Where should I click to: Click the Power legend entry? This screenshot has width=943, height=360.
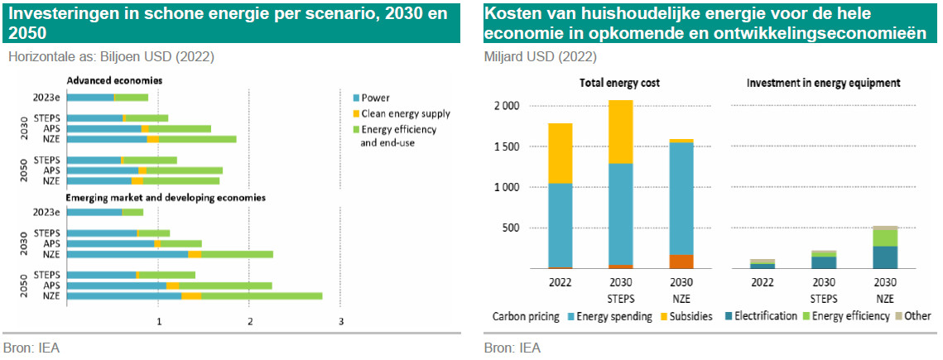click(375, 98)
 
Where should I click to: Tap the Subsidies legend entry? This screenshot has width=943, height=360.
click(686, 316)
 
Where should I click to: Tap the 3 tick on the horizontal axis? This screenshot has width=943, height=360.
click(340, 319)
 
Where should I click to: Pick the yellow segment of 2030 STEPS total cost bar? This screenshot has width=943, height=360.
click(621, 132)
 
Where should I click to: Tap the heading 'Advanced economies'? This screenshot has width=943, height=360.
click(114, 81)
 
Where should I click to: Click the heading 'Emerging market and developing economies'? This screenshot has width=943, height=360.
click(166, 198)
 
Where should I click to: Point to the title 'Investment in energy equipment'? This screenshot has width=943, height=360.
click(823, 84)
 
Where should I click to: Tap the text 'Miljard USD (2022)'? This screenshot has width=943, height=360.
click(540, 57)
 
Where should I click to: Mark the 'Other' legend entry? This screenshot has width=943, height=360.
click(917, 316)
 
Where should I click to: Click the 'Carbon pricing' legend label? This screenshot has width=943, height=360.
click(526, 316)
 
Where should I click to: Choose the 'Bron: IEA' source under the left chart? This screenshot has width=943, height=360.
click(31, 348)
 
